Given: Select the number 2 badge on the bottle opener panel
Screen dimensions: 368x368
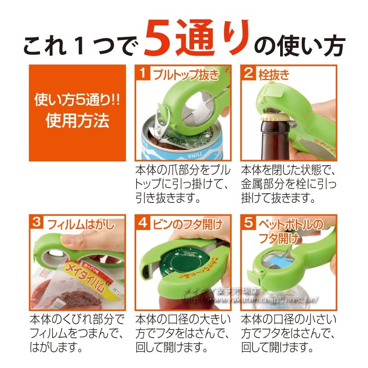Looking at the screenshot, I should pyautogui.click(x=249, y=73).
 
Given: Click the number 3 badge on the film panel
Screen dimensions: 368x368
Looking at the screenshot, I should pyautogui.click(x=36, y=223).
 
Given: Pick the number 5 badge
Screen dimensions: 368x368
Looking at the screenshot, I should pyautogui.click(x=249, y=223).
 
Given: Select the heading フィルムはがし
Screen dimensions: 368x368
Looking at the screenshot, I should pyautogui.click(x=79, y=224).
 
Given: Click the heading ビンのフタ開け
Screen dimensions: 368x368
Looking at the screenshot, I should pyautogui.click(x=186, y=224).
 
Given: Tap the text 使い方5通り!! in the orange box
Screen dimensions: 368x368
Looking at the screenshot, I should pyautogui.click(x=77, y=99).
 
